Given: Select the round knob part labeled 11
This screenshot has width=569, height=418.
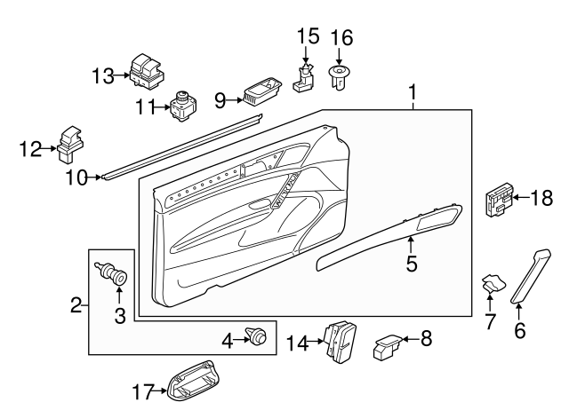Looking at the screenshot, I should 182,107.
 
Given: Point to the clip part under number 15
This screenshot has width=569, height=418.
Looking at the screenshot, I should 306,79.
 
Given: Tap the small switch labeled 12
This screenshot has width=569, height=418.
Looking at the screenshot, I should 70,144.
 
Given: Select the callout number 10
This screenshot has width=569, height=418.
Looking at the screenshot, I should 76,177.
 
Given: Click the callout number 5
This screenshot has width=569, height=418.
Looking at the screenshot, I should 411,264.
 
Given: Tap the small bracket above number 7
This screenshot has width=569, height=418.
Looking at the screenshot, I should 491,284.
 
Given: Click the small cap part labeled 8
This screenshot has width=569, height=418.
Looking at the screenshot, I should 389,343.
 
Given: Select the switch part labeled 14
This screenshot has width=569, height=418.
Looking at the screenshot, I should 341,341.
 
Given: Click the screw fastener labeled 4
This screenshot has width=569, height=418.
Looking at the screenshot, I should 259,338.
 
